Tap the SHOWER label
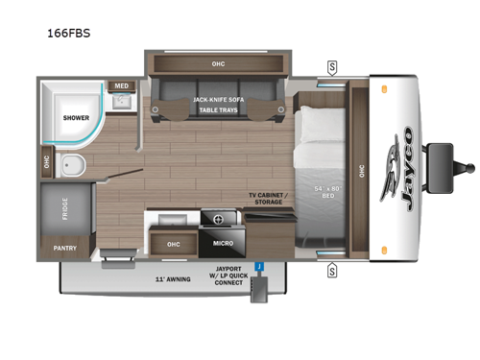pos(76,118)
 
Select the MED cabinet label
pos(122,85)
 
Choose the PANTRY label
pos(66,248)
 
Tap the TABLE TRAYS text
pos(220,110)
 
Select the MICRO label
pos(224,244)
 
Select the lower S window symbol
pos(332,271)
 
